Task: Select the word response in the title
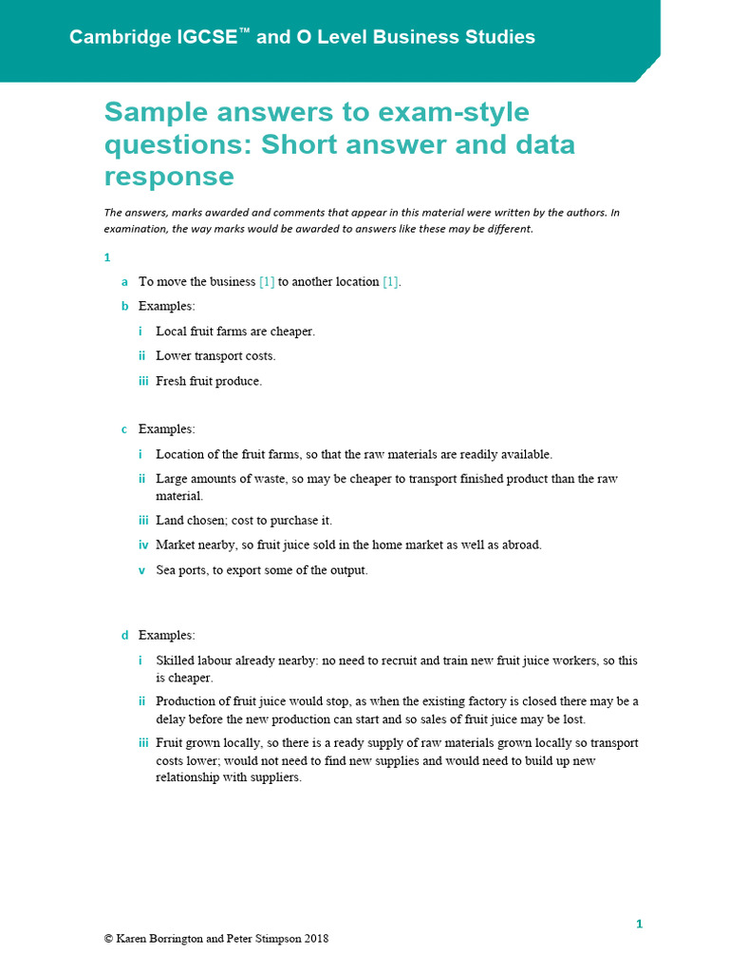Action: [169, 177]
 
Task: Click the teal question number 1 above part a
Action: [107, 258]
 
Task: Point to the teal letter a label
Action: [124, 282]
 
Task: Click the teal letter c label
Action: [124, 429]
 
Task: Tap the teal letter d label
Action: [124, 635]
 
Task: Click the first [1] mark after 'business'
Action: [267, 282]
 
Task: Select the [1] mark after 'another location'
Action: [391, 282]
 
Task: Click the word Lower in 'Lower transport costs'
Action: [174, 356]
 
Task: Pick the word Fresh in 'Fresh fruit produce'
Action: [173, 381]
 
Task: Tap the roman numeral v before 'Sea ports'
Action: [141, 570]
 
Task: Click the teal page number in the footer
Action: [640, 924]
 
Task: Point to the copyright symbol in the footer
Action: [108, 939]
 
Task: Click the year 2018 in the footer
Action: [316, 939]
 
